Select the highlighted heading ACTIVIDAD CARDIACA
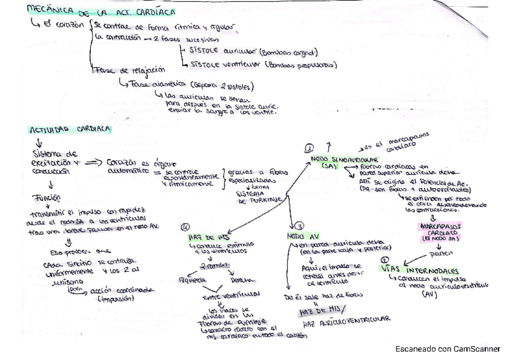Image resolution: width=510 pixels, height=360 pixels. pyautogui.click(x=66, y=129)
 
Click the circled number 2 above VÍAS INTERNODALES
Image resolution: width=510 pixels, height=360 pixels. pyautogui.click(x=386, y=260)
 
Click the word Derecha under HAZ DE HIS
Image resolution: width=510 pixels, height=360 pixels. pyautogui.click(x=240, y=279)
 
